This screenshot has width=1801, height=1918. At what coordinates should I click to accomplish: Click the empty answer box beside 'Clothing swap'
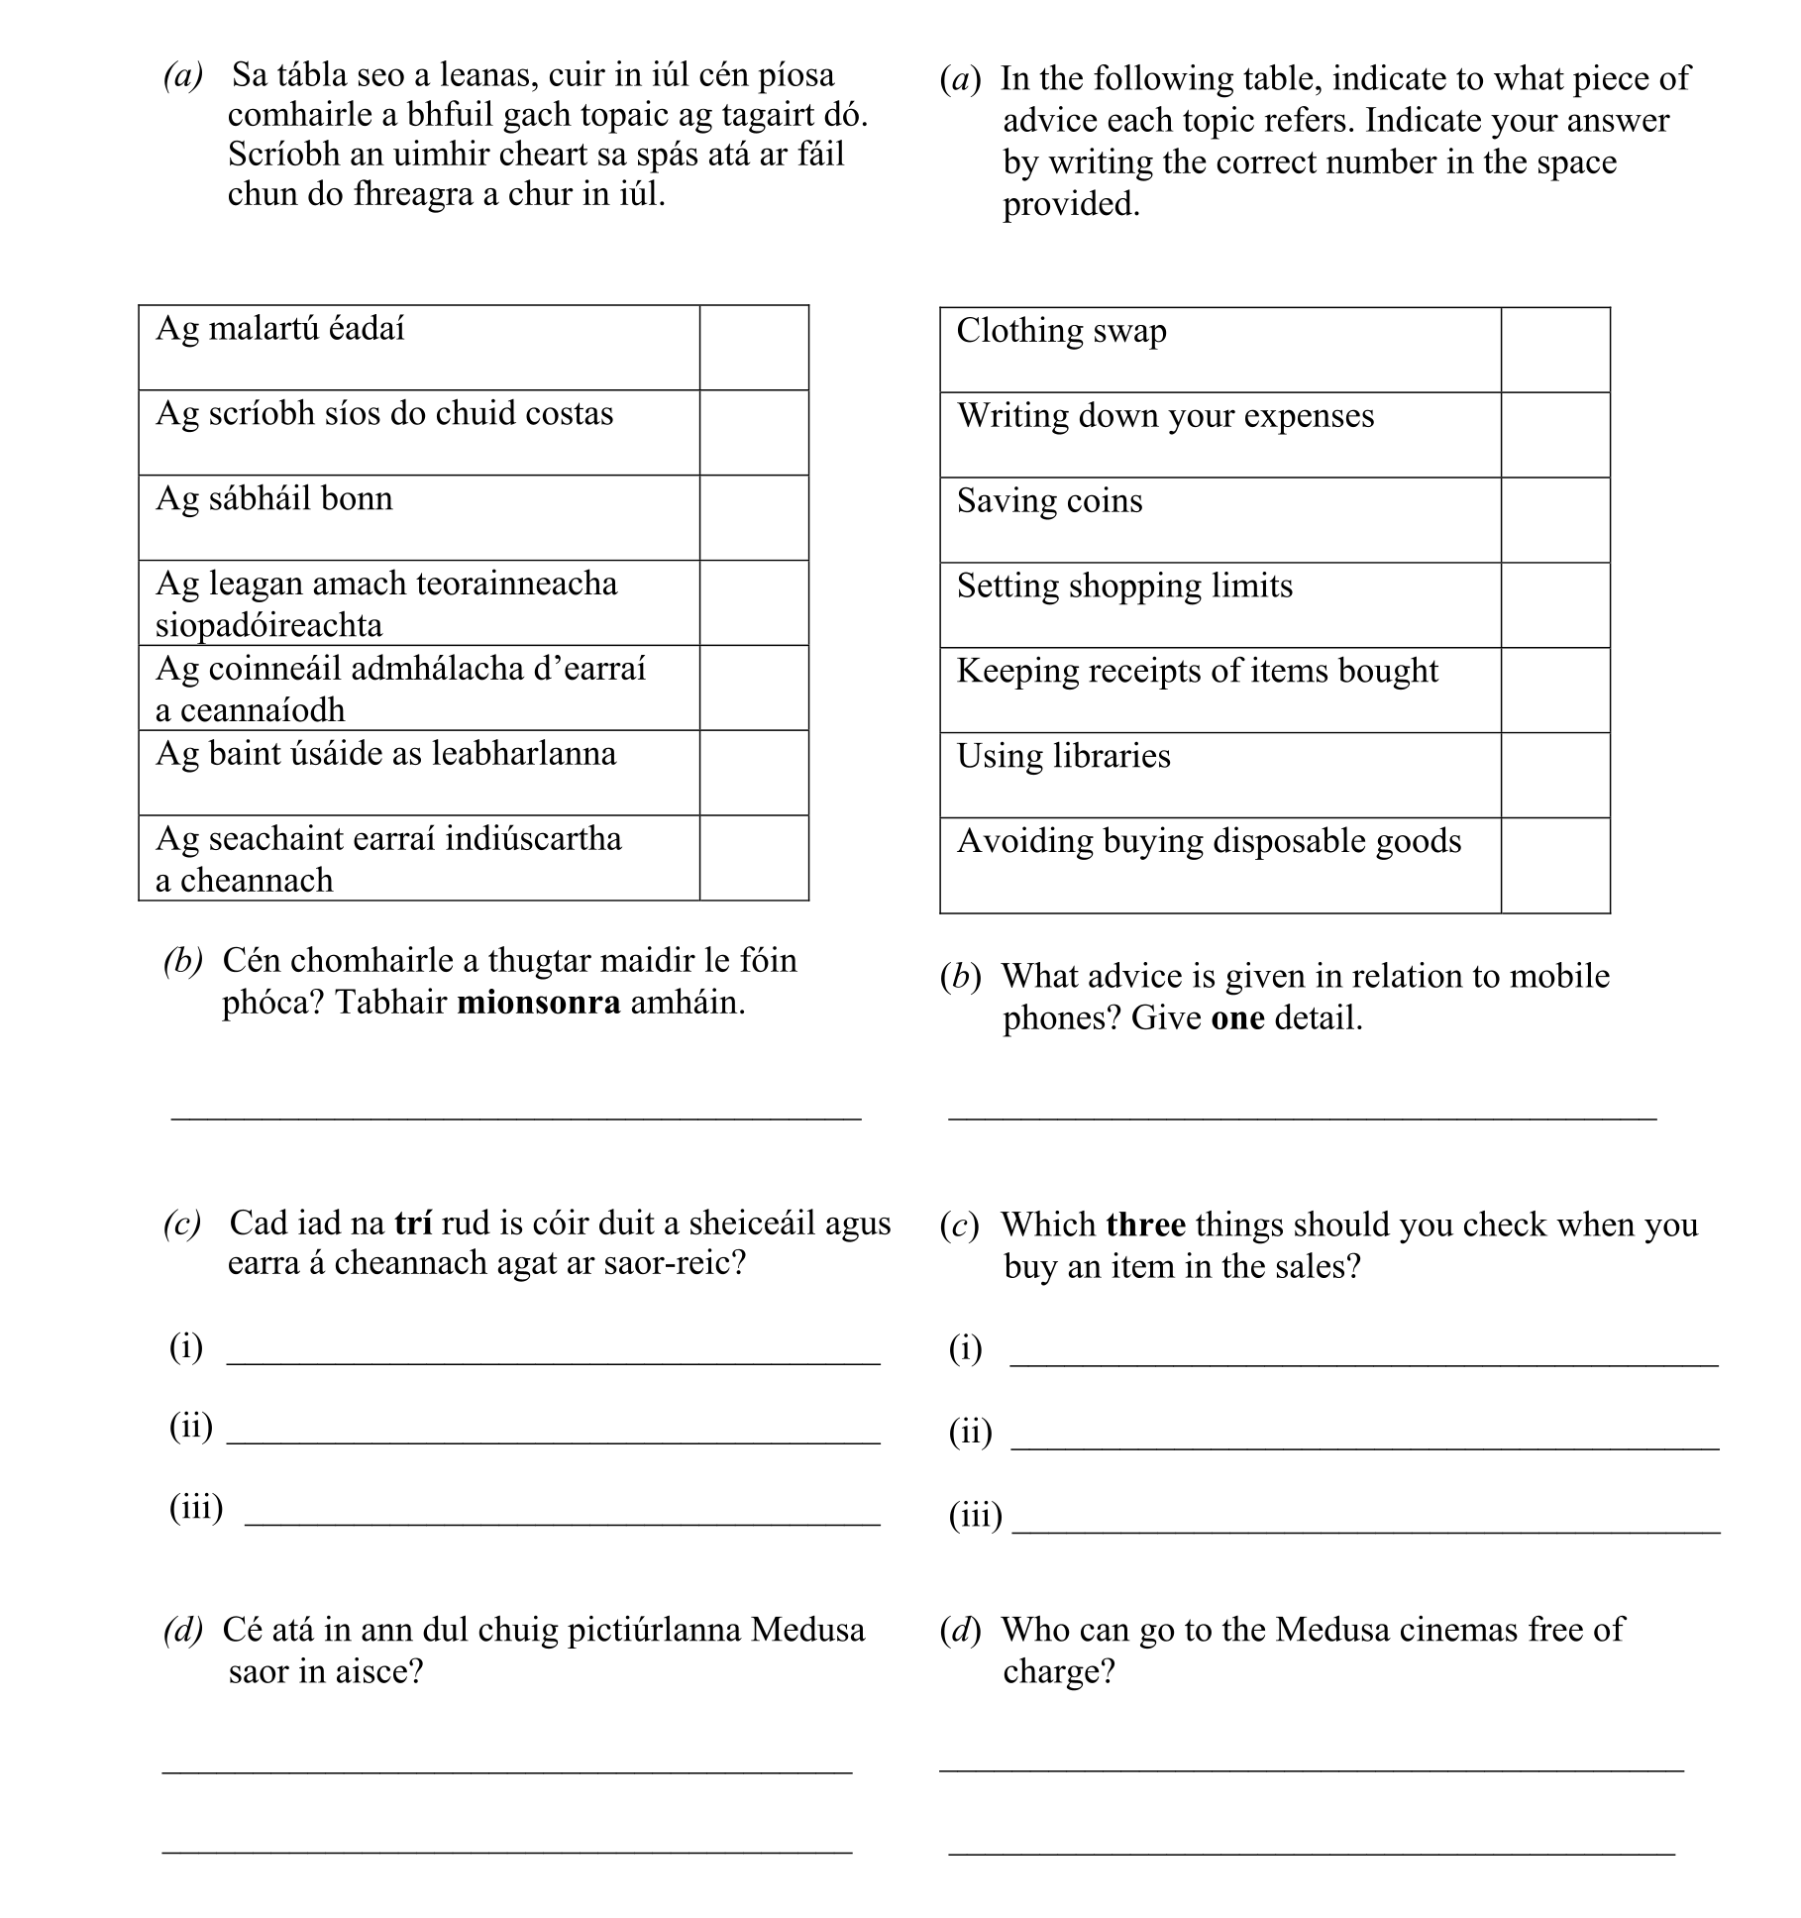(1554, 350)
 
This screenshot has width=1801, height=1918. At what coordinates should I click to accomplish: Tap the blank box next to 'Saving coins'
(1554, 520)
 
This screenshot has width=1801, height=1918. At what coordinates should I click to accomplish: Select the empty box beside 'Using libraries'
(1554, 775)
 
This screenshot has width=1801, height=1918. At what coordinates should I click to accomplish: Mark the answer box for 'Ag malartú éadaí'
(754, 348)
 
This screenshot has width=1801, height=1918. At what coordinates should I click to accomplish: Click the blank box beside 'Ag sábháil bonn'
(754, 518)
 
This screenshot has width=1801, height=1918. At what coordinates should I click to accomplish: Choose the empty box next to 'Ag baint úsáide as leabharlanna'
(754, 773)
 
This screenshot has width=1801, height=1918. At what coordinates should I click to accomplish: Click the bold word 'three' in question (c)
(1145, 1225)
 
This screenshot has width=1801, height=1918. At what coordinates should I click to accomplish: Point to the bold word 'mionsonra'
(539, 1003)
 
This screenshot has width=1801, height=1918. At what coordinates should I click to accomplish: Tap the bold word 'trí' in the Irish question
(413, 1223)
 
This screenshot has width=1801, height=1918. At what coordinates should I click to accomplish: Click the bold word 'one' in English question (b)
(1237, 1018)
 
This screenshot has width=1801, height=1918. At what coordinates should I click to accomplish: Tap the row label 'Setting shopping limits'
(1124, 586)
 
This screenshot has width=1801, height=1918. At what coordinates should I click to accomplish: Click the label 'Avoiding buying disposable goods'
(1209, 841)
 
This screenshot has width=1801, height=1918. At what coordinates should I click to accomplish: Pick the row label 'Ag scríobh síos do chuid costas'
(384, 413)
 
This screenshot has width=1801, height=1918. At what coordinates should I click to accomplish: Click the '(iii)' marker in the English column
(975, 1515)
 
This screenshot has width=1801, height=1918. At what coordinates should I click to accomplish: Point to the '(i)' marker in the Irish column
(186, 1346)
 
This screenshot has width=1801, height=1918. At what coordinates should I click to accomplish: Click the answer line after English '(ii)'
(1364, 1442)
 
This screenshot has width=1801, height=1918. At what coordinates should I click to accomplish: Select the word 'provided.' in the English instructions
(1071, 204)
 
